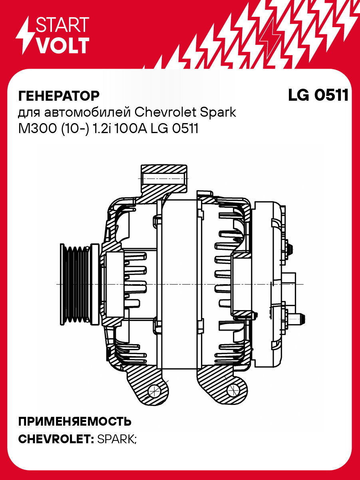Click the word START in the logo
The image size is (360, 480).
tap(62, 25)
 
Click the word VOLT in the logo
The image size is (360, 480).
tap(62, 46)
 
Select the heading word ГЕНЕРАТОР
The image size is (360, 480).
tap(59, 96)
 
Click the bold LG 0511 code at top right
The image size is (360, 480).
tap(318, 96)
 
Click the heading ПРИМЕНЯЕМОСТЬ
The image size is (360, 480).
tap(75, 421)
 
